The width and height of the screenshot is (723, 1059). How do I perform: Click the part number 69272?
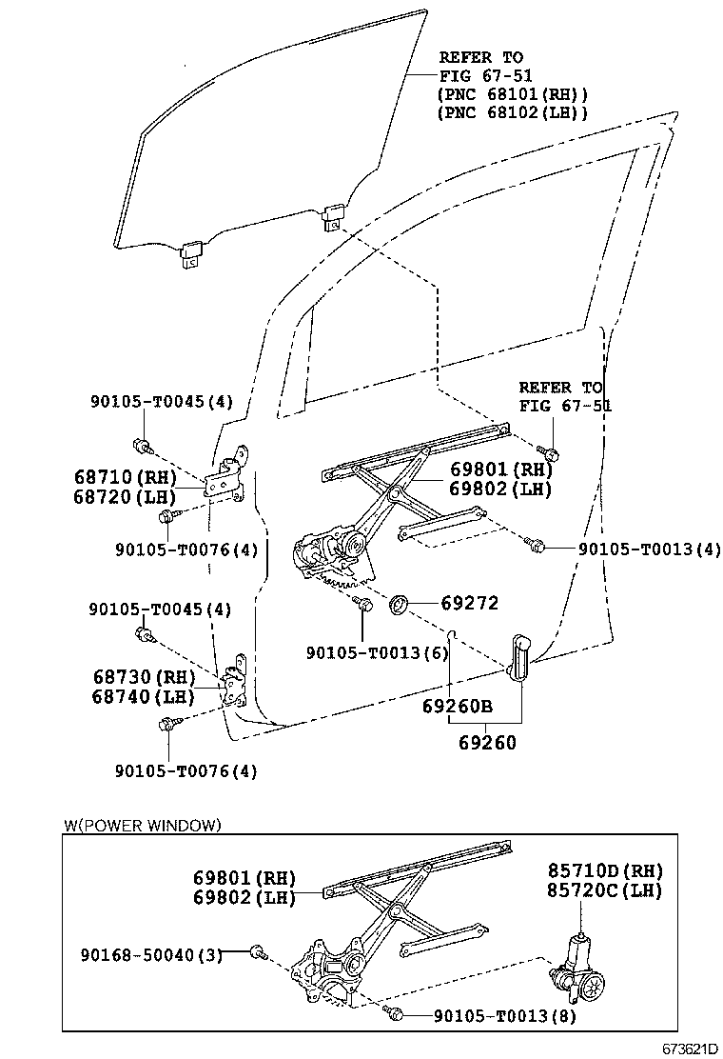[x=470, y=603]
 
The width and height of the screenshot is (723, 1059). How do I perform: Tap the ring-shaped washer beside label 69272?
[x=399, y=603]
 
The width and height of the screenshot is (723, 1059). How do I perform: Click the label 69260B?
[x=458, y=707]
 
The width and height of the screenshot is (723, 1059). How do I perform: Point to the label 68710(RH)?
[x=126, y=477]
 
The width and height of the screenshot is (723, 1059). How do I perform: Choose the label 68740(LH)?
[x=143, y=696]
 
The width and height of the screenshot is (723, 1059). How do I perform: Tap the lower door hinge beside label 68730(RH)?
[x=233, y=682]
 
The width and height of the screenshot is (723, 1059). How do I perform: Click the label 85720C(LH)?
[x=604, y=890]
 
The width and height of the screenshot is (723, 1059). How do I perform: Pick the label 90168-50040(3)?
[x=151, y=955]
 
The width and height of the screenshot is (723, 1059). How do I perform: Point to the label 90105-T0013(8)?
[x=504, y=1016]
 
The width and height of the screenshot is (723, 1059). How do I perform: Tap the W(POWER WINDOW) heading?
[x=143, y=825]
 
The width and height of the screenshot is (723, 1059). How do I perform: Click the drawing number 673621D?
[x=690, y=1049]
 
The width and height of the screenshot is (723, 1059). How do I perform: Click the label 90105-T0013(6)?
[x=377, y=653]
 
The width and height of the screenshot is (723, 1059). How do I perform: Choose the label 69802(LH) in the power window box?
[x=244, y=898]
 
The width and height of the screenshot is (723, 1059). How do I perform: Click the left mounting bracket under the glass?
[x=191, y=254]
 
